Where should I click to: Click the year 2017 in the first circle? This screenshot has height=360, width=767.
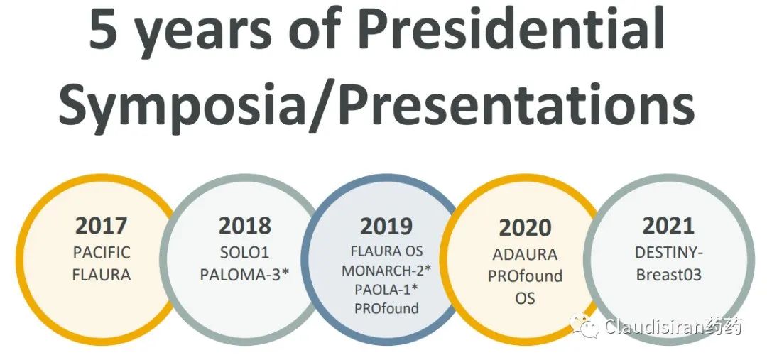pos(102,226)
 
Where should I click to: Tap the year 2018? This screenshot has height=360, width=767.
pos(244,226)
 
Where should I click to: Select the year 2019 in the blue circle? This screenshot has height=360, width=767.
pos(386,226)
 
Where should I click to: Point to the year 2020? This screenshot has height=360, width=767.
pos(525,228)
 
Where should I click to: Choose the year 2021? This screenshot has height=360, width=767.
pos(668,226)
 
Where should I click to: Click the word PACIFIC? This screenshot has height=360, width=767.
pos(102,252)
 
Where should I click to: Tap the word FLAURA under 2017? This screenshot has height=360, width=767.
pos(102,275)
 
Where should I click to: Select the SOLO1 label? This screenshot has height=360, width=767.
pos(244,252)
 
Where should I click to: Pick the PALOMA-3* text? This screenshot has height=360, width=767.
pos(245,275)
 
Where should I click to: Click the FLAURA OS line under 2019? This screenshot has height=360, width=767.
pos(386,251)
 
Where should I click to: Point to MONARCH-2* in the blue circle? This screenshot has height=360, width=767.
pos(386,270)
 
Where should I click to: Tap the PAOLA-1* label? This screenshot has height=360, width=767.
pos(386,289)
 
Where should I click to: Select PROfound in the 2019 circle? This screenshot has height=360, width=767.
pos(386,308)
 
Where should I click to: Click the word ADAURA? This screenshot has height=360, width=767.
pos(525,254)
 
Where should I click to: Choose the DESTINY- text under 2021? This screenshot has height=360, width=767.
pos(669,252)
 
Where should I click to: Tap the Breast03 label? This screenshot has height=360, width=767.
pos(669,275)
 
